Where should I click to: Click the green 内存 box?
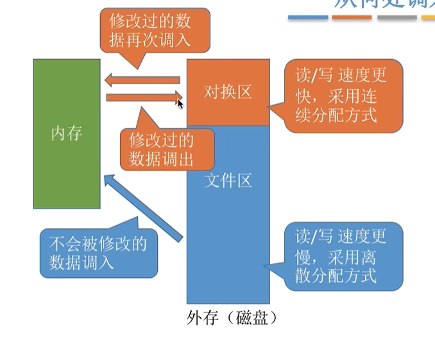pos(67,167)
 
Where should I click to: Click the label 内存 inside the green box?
pos(67,134)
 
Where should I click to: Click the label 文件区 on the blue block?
pos(228,181)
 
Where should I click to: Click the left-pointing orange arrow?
pos(142,80)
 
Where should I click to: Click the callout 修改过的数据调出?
pos(161,150)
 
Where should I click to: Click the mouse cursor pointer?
pos(180,103)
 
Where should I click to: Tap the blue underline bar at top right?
pos(308,17)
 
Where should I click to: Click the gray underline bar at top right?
pos(397,17)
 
